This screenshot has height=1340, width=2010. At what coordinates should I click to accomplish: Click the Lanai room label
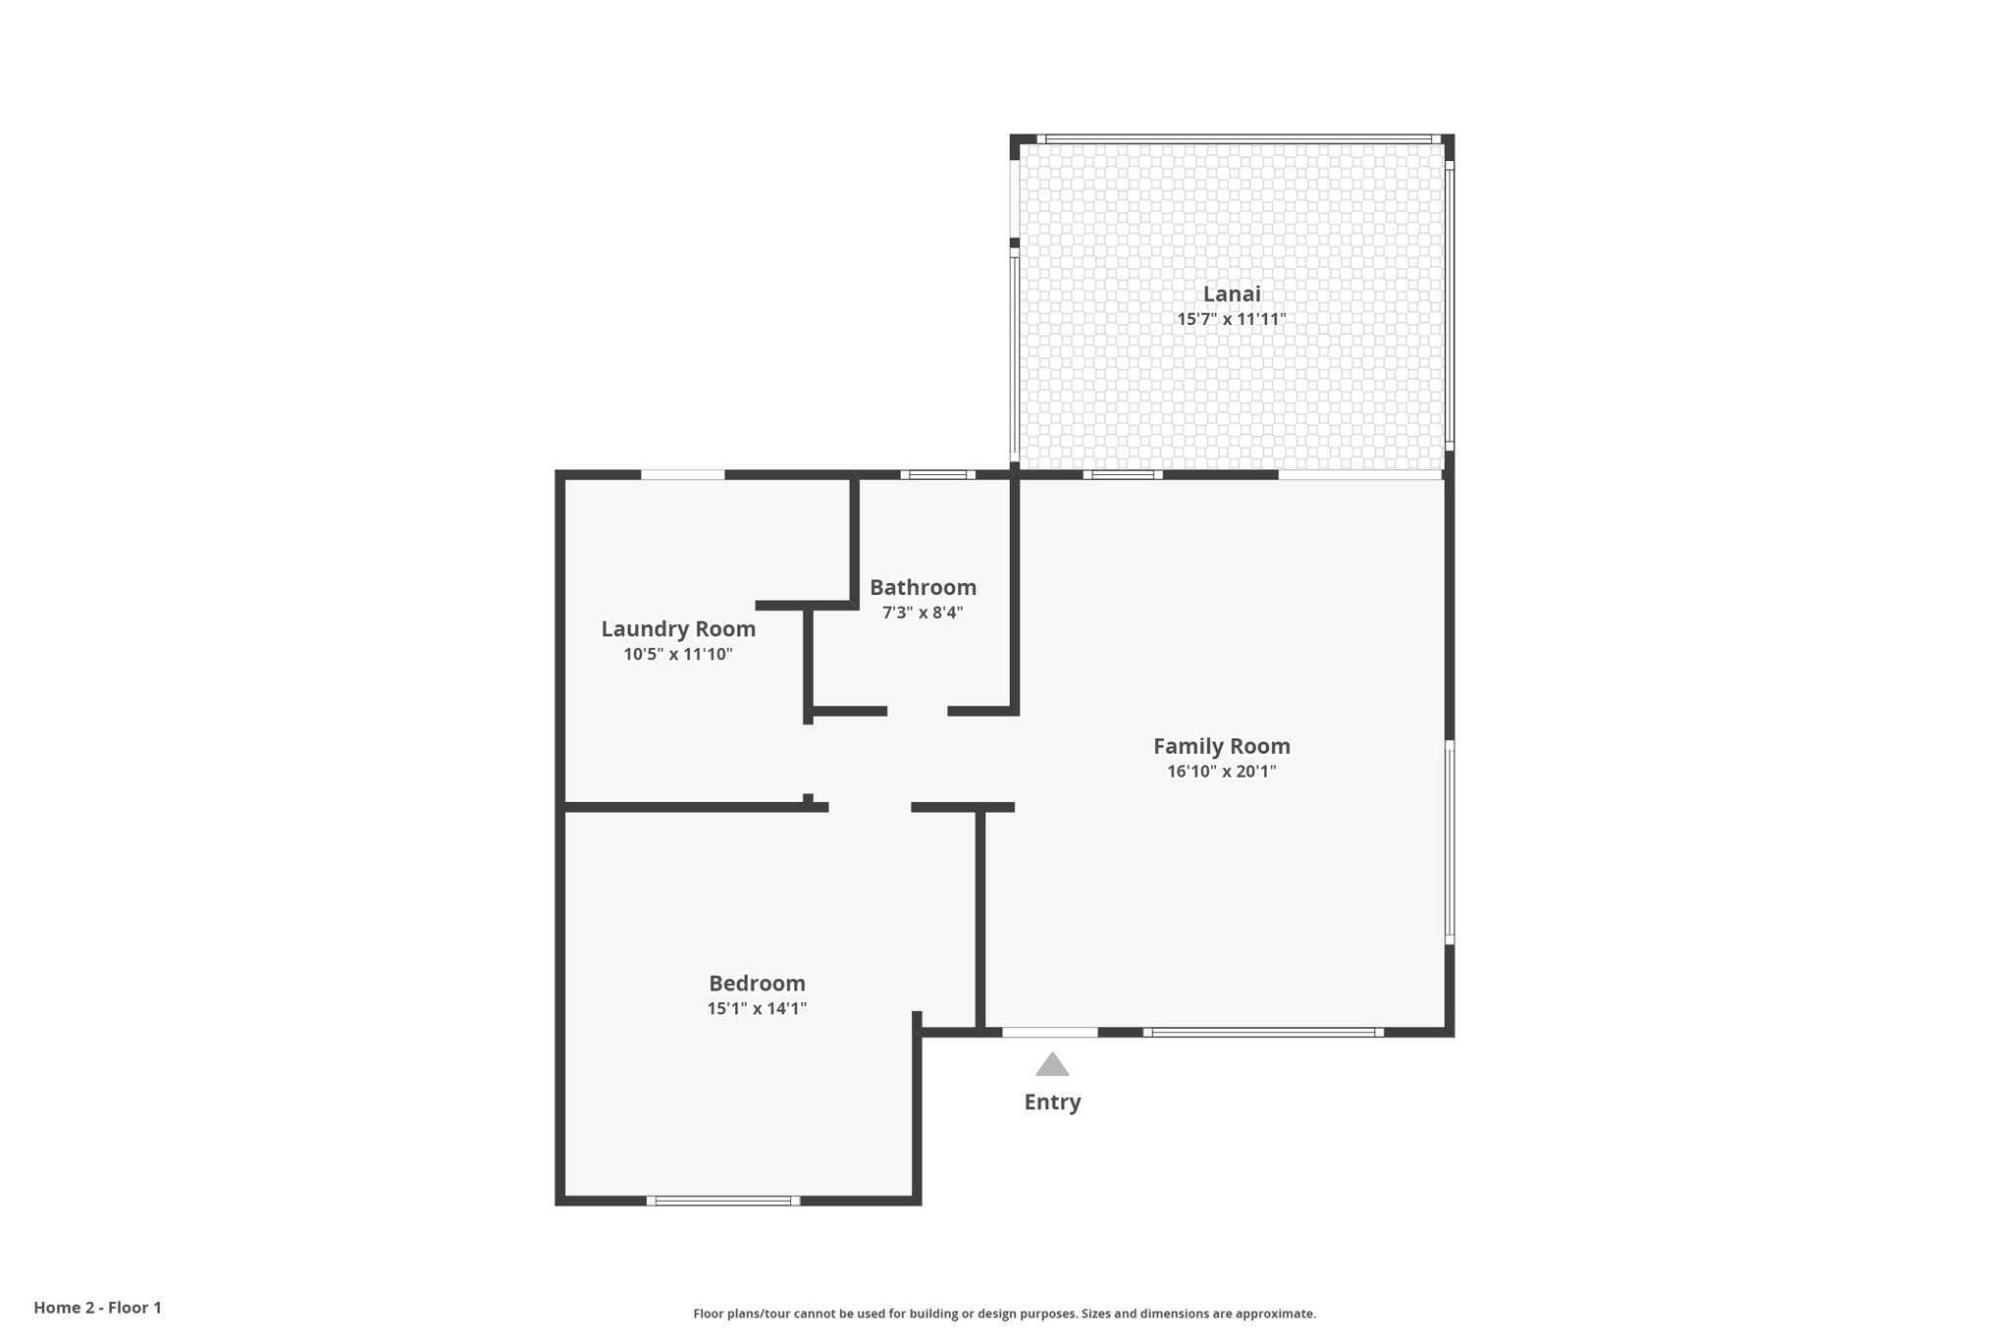[x=1232, y=294]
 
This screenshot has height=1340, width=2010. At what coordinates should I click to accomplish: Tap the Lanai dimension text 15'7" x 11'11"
[x=1232, y=319]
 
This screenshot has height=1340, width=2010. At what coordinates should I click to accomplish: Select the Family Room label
[x=1221, y=746]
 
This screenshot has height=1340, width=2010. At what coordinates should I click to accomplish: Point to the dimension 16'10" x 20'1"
[x=1221, y=772]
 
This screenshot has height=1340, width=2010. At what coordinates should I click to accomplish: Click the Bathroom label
[x=923, y=587]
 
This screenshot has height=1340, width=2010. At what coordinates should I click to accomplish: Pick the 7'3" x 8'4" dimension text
[x=923, y=613]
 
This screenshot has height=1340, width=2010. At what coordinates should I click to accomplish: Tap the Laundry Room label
[x=678, y=628]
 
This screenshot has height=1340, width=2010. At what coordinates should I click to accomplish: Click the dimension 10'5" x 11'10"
[x=678, y=654]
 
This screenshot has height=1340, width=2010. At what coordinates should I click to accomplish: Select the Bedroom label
[x=757, y=983]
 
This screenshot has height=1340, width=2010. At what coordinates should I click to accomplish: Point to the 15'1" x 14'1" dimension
[x=757, y=1008]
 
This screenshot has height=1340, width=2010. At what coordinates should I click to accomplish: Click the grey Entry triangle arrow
[x=1052, y=1065]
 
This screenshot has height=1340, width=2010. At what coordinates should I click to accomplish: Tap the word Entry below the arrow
[x=1052, y=1101]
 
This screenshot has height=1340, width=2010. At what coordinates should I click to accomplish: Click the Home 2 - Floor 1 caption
[x=97, y=1308]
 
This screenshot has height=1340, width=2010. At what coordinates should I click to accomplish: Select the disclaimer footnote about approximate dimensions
[x=1004, y=1313]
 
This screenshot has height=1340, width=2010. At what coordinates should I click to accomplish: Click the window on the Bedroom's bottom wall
[x=723, y=1201]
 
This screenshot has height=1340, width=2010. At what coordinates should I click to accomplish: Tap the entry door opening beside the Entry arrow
[x=1049, y=1032]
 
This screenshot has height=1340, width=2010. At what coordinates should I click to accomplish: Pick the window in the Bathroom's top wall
[x=937, y=474]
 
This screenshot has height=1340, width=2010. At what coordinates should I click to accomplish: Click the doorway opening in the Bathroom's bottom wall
[x=918, y=711]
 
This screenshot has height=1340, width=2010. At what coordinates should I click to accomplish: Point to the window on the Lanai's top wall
[x=1238, y=139]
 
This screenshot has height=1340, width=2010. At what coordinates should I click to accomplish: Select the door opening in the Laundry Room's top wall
[x=683, y=475]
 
